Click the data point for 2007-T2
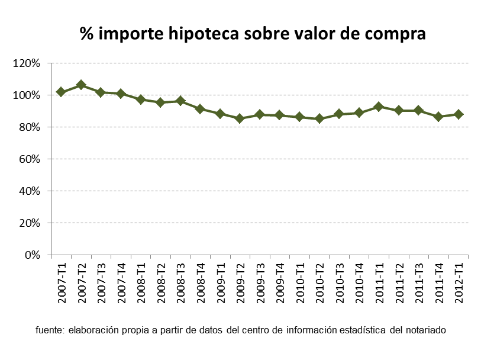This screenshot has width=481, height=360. pos(81,85)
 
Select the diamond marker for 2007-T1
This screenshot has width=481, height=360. pos(61,92)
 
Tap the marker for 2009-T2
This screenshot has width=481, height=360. pos(240,118)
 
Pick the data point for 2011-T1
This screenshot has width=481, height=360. pos(379,107)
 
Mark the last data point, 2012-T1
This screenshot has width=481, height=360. pos(458,114)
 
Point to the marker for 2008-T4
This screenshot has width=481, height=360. pos(200,109)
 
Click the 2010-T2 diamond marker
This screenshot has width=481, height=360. pos(319,118)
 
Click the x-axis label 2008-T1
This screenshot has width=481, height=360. pos(141,282)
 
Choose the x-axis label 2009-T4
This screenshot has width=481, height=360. pos(280,282)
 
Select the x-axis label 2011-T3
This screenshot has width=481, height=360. pos(419,282)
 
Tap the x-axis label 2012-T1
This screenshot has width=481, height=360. pos(459,282)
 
